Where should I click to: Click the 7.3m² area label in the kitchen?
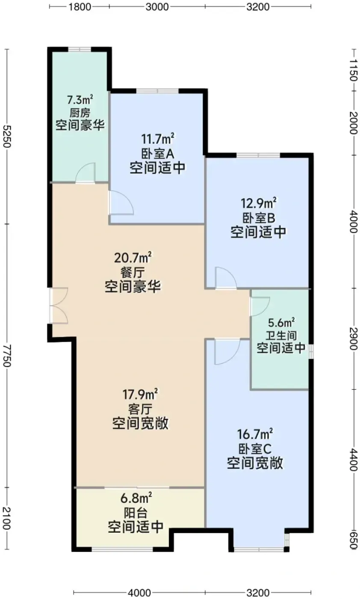[x=80, y=100]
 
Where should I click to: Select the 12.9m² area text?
[x=258, y=204]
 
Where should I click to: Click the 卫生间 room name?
[x=281, y=335]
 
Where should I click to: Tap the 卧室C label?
[x=255, y=448]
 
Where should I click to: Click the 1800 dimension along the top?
[x=80, y=7]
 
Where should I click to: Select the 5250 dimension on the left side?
[x=7, y=136]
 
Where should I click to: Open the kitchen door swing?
[x=86, y=173]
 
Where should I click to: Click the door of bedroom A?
[x=121, y=202]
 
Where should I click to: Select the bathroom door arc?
[x=260, y=306]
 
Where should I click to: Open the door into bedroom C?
[x=227, y=352]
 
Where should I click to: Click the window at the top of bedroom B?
[x=258, y=155]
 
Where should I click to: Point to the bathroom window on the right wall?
[x=311, y=351]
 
